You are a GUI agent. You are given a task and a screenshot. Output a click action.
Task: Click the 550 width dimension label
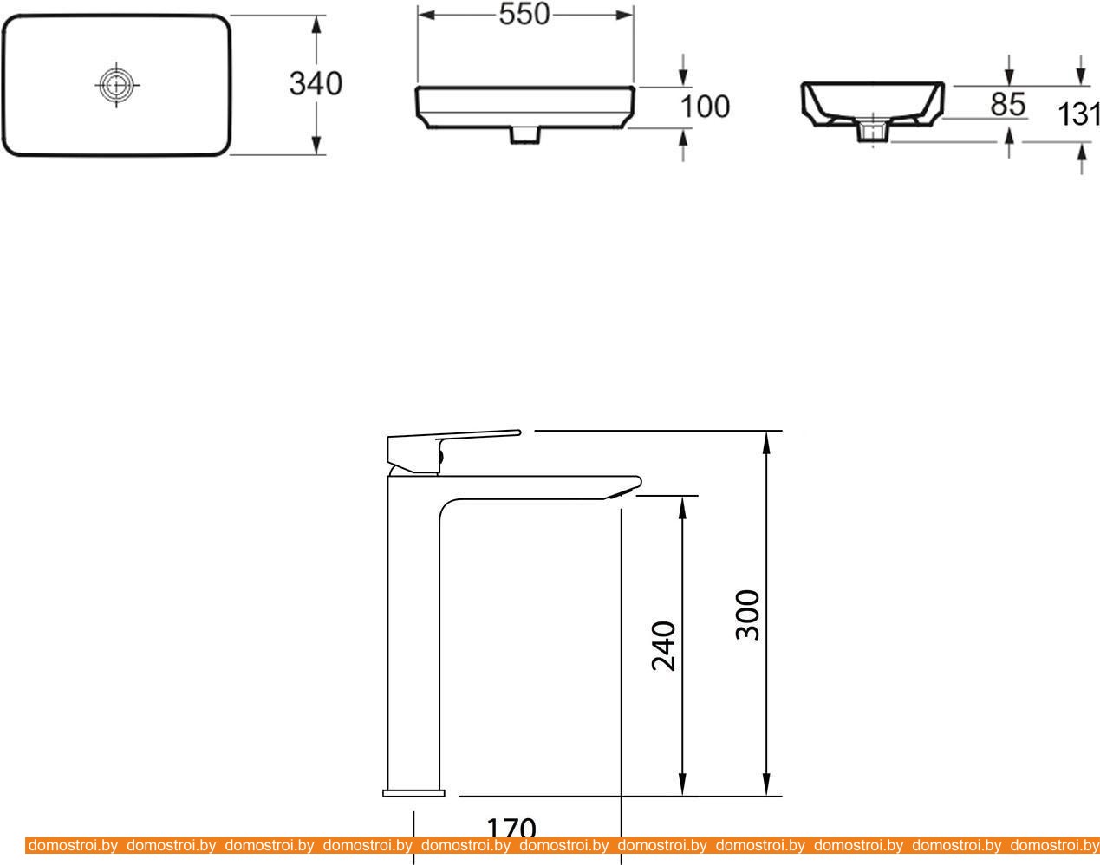(x=524, y=15)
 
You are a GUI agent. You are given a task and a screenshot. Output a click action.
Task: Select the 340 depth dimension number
(x=316, y=83)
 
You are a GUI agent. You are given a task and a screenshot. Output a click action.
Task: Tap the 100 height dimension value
(x=705, y=107)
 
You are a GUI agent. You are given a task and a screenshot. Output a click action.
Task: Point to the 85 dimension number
(x=1007, y=104)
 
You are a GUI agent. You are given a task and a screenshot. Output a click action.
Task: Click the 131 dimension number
(x=1079, y=114)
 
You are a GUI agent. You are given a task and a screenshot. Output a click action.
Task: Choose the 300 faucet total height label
(x=747, y=615)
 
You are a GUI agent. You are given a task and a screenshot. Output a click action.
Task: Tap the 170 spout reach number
(x=511, y=828)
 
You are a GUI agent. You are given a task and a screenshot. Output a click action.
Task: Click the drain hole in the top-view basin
(x=117, y=85)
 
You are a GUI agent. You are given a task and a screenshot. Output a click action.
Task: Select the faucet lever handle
(x=452, y=450)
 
